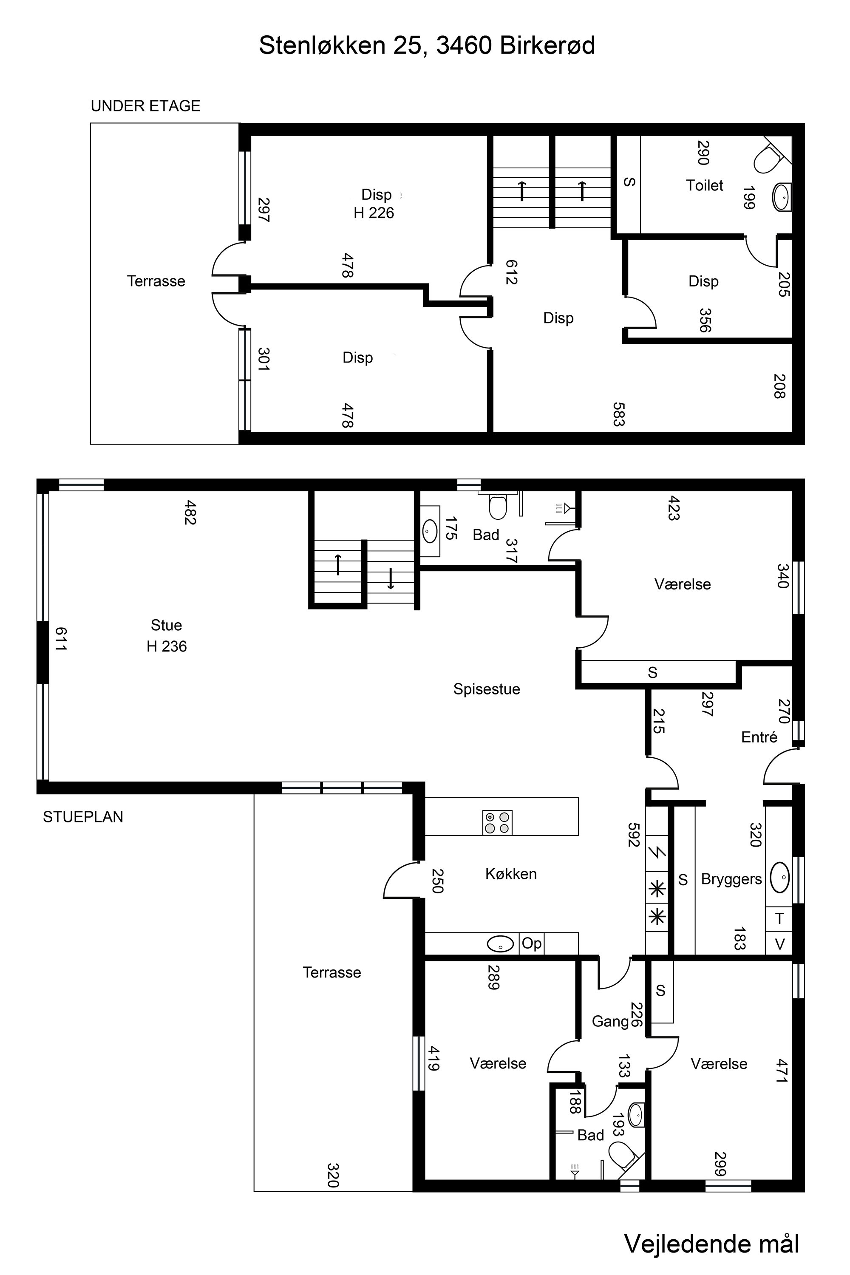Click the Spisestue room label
(x=486, y=689)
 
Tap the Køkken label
(x=511, y=874)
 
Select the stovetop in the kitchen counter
(x=497, y=822)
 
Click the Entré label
(x=759, y=737)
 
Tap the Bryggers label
(x=731, y=879)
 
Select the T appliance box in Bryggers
(x=779, y=918)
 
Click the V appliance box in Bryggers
(x=779, y=944)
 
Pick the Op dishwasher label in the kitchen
(x=531, y=944)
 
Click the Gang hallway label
(x=610, y=1022)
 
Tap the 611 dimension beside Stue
(x=61, y=639)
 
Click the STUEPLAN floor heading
(x=83, y=817)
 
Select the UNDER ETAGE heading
(x=145, y=106)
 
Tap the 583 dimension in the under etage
(x=618, y=414)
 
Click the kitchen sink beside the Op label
(x=500, y=944)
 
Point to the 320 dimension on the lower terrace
(x=333, y=1175)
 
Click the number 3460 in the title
(x=464, y=45)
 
